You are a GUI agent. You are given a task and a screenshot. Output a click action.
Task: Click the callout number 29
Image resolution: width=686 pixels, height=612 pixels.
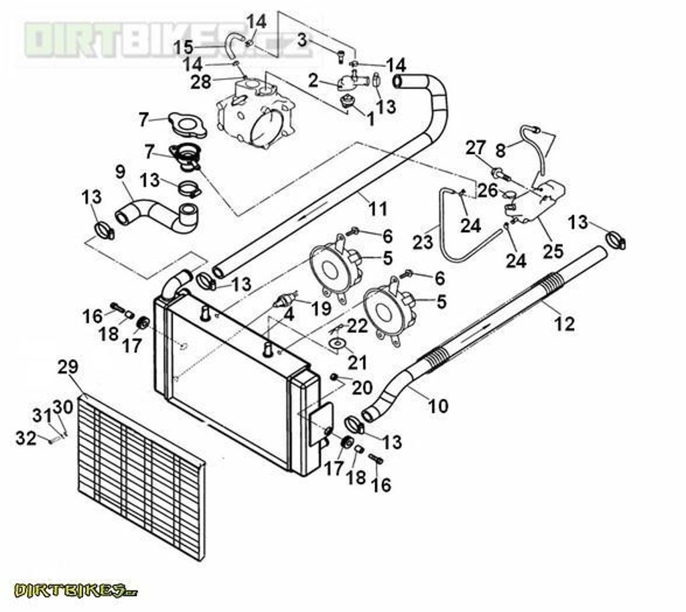click(x=68, y=367)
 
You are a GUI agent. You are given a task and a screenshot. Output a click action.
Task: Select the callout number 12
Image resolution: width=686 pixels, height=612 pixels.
click(x=565, y=324)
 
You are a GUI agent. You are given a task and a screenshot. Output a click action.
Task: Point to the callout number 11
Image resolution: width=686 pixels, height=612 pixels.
click(x=378, y=209)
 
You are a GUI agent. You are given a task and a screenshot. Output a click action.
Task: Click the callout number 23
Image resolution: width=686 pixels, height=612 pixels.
click(x=422, y=241)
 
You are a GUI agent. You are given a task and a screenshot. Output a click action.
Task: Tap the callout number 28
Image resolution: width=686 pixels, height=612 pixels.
click(x=201, y=82)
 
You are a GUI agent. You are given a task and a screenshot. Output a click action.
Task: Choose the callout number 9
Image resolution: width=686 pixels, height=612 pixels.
click(x=120, y=171)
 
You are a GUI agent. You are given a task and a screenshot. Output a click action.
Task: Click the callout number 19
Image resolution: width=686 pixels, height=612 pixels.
click(x=322, y=308)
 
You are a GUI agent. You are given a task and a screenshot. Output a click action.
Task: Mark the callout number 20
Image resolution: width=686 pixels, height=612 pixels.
click(x=362, y=387)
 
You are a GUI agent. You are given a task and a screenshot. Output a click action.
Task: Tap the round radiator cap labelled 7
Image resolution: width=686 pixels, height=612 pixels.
click(x=186, y=125)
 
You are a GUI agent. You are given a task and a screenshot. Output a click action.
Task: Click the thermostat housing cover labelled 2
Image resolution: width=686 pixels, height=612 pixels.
click(x=350, y=83)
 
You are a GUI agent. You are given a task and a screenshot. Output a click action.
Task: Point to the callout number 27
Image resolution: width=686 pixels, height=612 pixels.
click(x=475, y=147)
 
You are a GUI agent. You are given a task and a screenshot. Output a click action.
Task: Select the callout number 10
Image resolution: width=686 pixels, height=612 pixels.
click(x=438, y=406)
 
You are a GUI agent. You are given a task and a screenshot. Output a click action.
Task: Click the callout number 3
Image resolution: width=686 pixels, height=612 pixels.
click(x=302, y=40)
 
